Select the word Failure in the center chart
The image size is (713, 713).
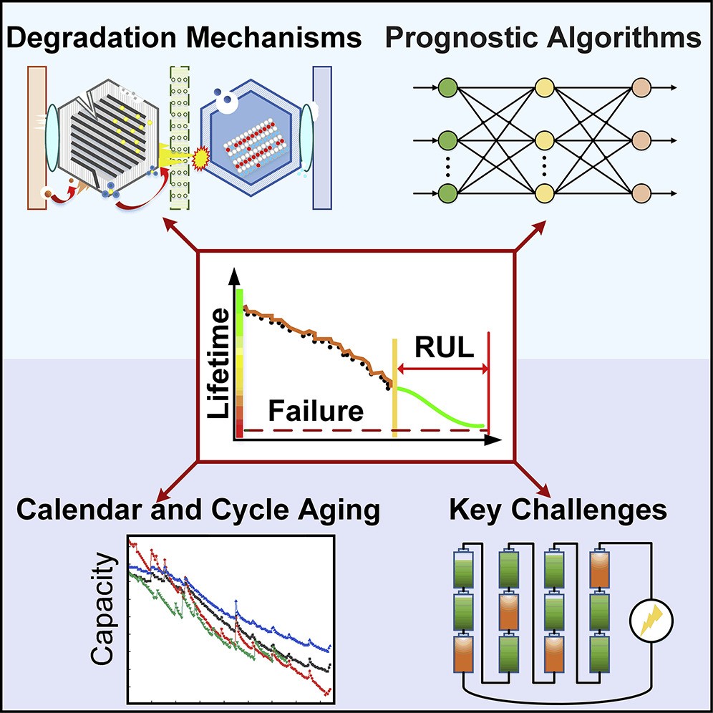tap(315, 412)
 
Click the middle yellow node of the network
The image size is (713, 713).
tap(544, 138)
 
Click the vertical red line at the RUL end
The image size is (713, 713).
tap(488, 383)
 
